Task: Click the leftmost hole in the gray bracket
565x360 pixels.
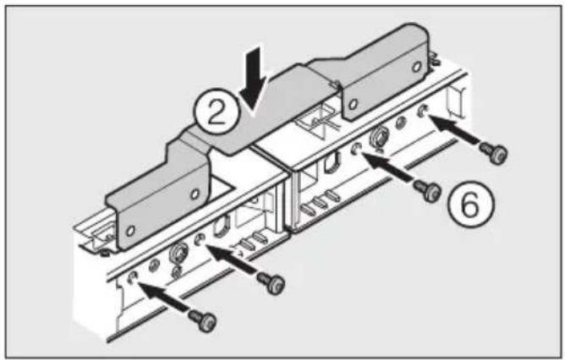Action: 131,231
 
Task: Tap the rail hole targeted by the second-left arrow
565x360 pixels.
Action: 200,242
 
